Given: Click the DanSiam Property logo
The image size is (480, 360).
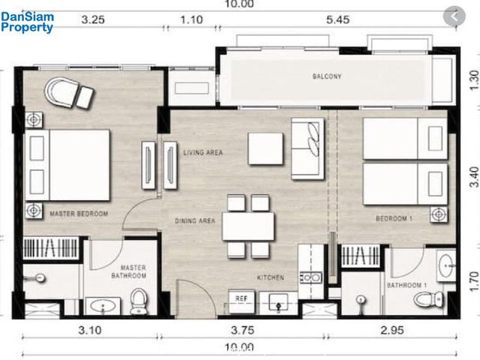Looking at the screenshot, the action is [27, 22].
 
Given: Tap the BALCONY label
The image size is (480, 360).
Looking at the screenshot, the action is [327, 76].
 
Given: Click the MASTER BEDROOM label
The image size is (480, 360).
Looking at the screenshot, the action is [79, 214].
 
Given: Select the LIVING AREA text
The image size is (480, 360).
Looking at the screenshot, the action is [203, 152].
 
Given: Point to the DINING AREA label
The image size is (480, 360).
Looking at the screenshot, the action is [195, 220].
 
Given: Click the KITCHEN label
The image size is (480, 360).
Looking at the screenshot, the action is [271, 277].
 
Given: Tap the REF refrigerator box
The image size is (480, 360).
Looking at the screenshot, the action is [241, 301].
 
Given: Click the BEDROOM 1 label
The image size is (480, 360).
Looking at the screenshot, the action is [394, 218].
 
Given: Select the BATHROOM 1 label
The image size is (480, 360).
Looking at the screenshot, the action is [406, 285].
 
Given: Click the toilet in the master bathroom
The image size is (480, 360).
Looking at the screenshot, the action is [139, 301].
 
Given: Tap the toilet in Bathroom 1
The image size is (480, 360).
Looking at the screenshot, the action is [428, 298].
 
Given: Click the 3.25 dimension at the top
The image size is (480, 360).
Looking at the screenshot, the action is [93, 20].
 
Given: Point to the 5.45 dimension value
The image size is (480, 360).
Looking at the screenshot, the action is [338, 20].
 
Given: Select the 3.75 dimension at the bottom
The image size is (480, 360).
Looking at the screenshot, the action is [242, 330].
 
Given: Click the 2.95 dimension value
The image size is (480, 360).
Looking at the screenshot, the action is [392, 330].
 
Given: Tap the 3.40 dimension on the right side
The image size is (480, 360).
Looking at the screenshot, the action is [474, 177].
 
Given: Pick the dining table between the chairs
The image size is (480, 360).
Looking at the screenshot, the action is [248, 226].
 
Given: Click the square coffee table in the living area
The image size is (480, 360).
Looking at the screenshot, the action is [265, 148].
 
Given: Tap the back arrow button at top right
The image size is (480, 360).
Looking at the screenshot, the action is [454, 16].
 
